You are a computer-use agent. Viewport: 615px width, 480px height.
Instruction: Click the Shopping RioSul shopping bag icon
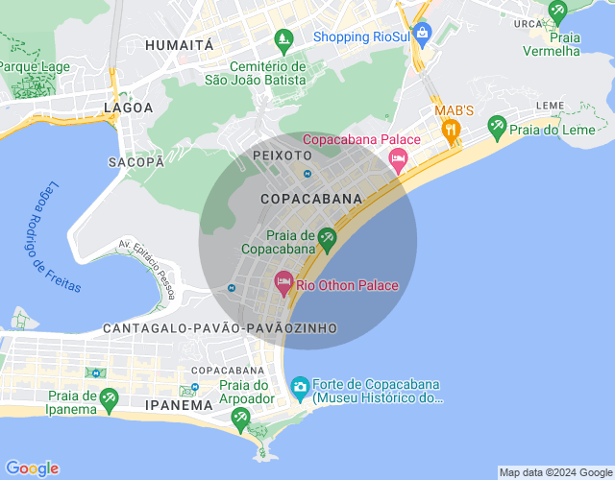tap(421, 33)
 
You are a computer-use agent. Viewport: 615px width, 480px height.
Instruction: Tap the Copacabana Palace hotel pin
tap(398, 156)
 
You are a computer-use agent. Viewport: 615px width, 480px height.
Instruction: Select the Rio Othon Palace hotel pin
tap(283, 283)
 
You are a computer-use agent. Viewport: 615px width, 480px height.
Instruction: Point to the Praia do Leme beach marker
tap(497, 125)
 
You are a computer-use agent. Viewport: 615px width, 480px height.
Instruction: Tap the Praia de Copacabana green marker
tap(327, 237)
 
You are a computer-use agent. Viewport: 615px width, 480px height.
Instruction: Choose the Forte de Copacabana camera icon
tap(300, 386)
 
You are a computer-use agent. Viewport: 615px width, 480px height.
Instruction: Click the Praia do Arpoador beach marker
tap(240, 416)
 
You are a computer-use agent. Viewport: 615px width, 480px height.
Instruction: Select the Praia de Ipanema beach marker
tap(110, 397)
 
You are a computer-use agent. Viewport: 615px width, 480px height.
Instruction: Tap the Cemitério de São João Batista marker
tap(283, 39)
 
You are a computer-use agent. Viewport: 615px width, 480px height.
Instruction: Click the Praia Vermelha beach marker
tap(557, 11)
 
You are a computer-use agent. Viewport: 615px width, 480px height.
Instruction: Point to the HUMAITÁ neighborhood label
tap(179, 45)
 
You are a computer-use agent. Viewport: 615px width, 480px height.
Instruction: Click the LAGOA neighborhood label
tap(129, 108)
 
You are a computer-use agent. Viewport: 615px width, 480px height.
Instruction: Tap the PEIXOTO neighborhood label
tap(282, 155)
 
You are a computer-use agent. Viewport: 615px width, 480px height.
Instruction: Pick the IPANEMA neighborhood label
tap(178, 405)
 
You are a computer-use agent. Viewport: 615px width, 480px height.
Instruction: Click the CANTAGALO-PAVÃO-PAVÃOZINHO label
tap(221, 328)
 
